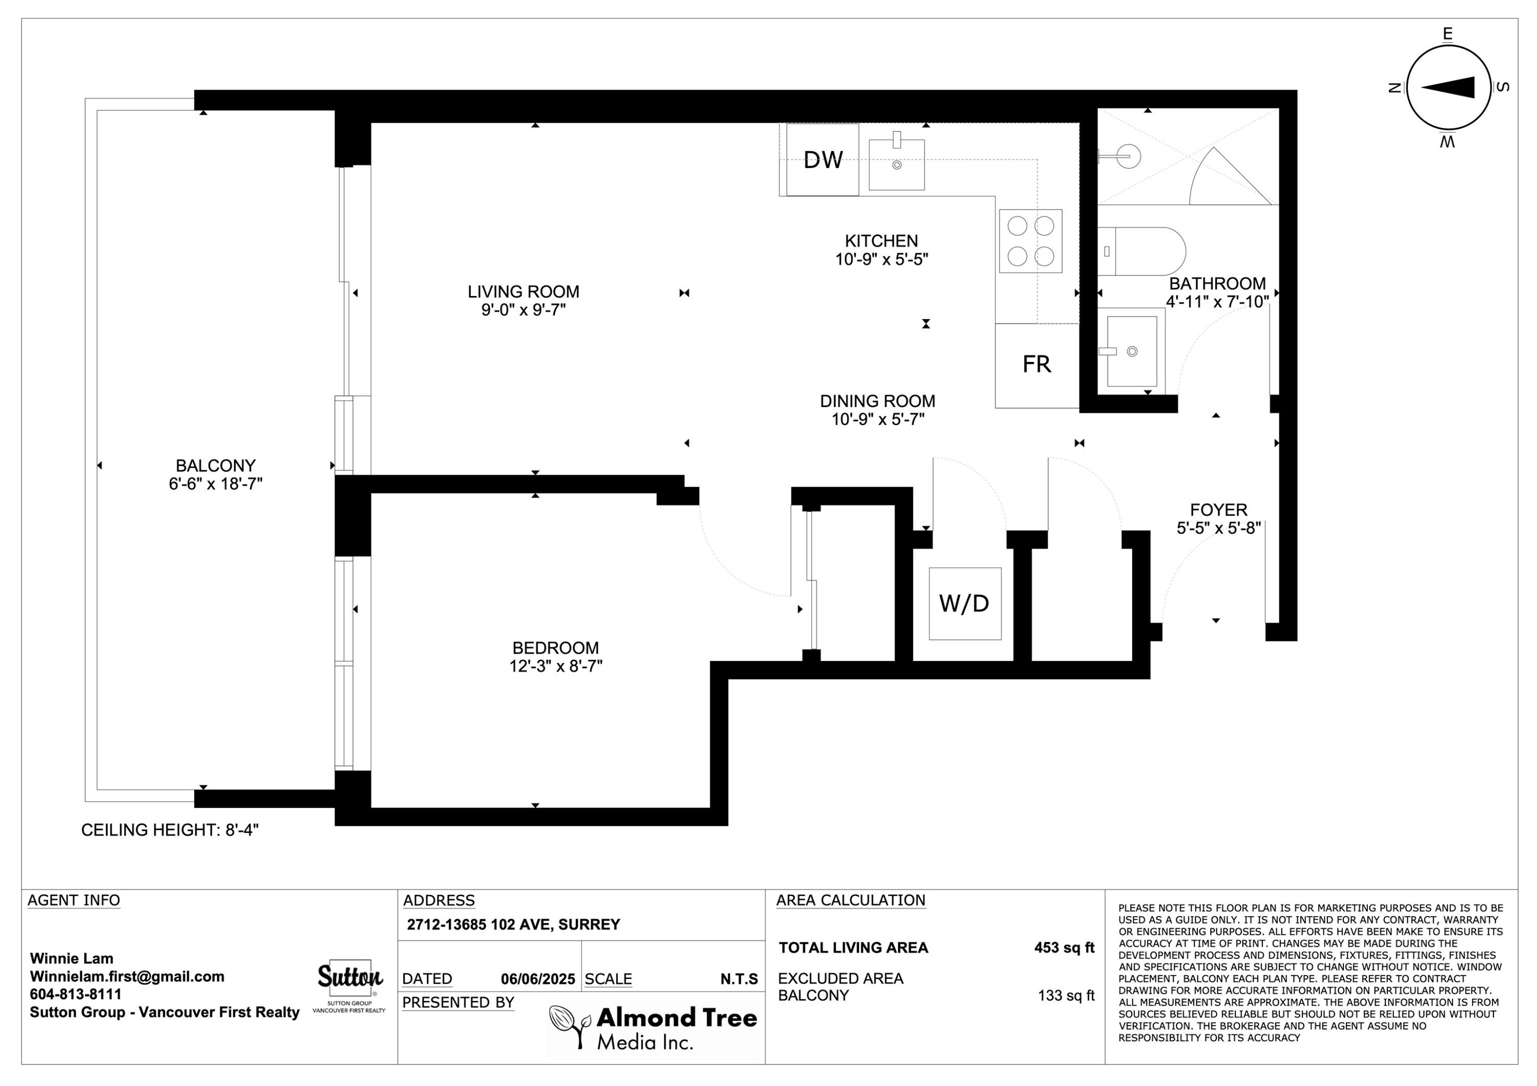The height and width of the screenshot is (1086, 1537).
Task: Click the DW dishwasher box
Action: [x=822, y=159]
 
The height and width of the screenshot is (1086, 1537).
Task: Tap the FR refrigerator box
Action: [x=1037, y=366]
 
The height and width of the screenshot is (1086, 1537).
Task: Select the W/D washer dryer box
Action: [x=965, y=604]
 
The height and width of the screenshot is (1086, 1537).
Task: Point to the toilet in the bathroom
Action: [x=1141, y=251]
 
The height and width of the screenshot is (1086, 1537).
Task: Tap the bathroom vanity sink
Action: [x=1131, y=351]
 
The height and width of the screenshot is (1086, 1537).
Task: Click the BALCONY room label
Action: [x=216, y=466]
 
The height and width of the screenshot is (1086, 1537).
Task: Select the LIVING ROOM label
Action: [x=524, y=292]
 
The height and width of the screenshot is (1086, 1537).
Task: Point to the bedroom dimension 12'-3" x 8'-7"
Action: [x=555, y=666]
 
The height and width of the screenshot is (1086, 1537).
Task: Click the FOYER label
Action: [x=1218, y=510]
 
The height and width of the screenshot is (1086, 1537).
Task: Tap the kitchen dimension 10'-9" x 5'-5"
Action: [x=882, y=259]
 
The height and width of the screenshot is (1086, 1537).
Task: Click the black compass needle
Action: [x=1447, y=88]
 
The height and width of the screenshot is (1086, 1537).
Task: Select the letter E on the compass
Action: [x=1447, y=33]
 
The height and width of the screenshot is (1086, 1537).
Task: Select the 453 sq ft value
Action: [x=1065, y=947]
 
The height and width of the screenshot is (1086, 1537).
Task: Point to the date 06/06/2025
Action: [x=538, y=979]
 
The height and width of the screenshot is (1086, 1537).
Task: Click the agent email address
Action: [x=127, y=976]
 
